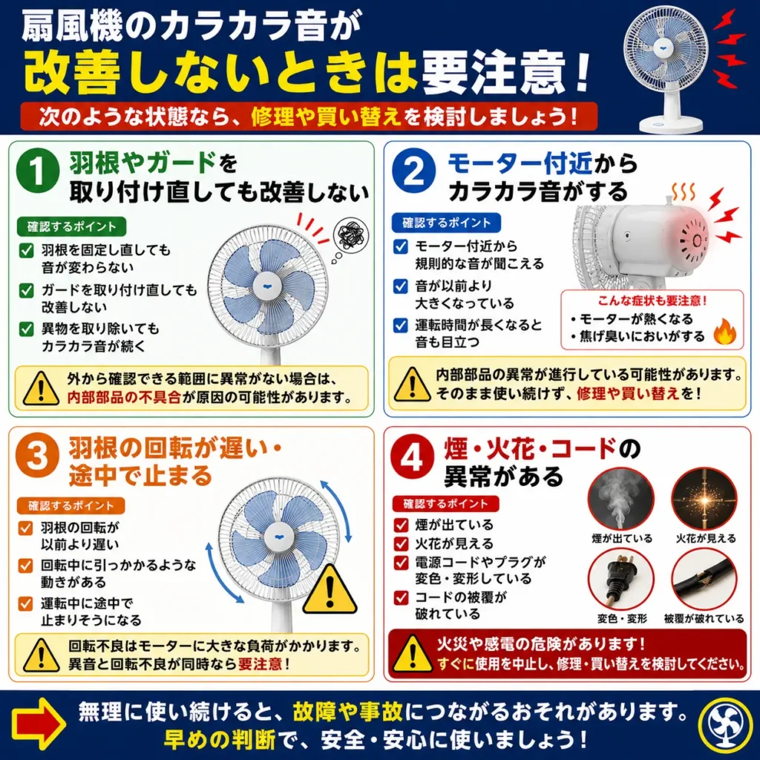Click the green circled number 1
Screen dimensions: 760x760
(x=37, y=171)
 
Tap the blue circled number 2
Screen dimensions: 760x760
(x=413, y=171)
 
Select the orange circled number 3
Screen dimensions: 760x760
(x=37, y=456)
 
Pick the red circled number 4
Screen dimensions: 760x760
(x=412, y=457)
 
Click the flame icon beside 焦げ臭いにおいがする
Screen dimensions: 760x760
(x=724, y=332)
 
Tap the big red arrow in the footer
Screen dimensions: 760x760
(x=39, y=724)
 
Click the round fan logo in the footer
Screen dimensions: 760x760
(x=724, y=724)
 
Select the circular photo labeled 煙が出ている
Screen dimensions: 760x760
(x=621, y=499)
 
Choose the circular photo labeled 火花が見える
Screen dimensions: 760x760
(x=705, y=499)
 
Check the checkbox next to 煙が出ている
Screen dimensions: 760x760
(x=401, y=525)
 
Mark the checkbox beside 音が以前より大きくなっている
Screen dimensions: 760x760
(x=400, y=286)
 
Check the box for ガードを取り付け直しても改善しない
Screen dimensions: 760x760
(x=26, y=290)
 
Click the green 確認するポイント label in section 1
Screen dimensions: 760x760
(x=72, y=227)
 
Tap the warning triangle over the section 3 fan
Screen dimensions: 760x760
(x=330, y=589)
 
